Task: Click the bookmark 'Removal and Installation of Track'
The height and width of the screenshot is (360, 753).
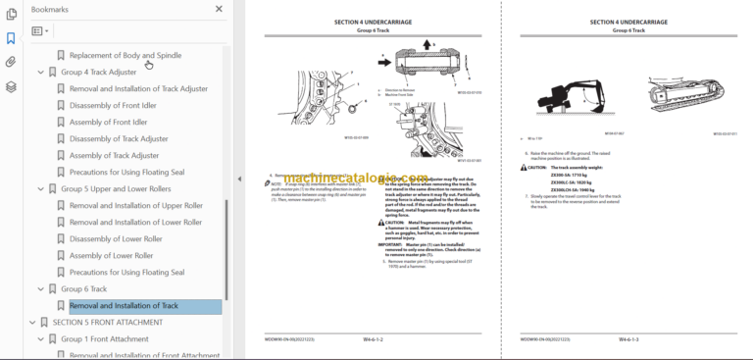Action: (x=124, y=306)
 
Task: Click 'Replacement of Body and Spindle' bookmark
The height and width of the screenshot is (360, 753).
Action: (x=125, y=55)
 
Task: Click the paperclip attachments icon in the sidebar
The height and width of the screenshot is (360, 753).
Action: (x=11, y=62)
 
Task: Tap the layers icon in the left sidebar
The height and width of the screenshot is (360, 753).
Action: (x=11, y=86)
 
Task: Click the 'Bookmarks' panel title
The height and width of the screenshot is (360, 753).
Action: (x=50, y=9)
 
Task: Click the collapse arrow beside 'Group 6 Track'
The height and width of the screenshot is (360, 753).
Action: (x=40, y=289)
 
